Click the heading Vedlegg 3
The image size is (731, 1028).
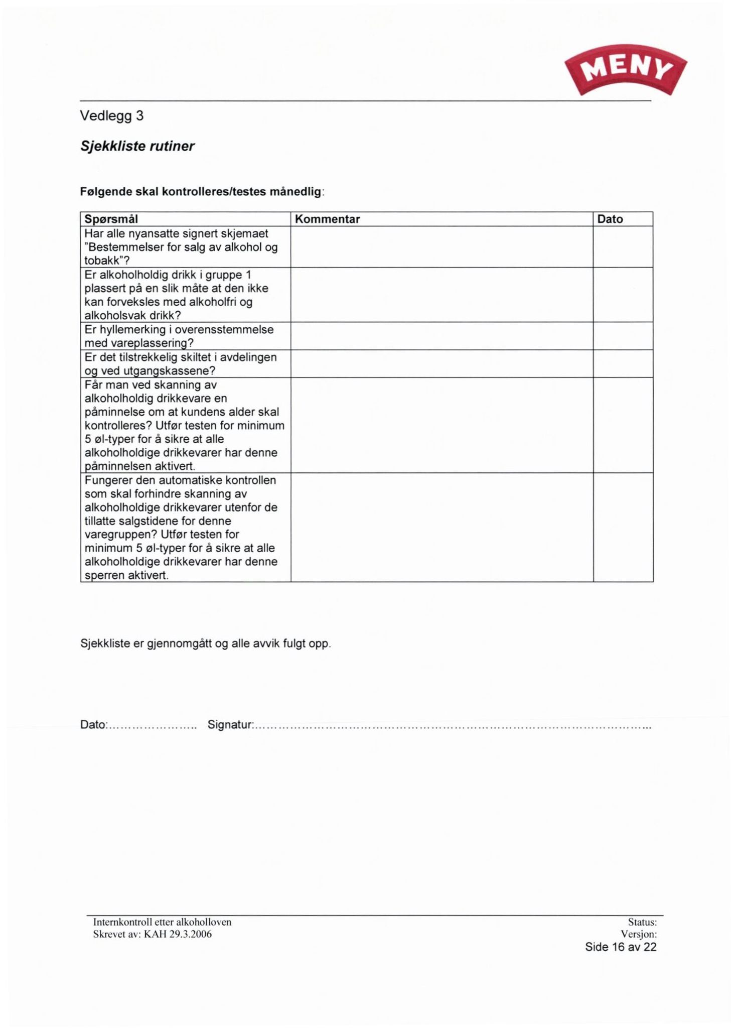tap(112, 116)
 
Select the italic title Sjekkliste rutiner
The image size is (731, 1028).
tap(137, 146)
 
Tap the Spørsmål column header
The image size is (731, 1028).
tap(111, 219)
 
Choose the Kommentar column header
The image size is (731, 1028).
tap(327, 219)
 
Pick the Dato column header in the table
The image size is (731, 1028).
tap(610, 219)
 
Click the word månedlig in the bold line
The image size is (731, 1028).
tap(296, 191)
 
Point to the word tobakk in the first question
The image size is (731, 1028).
tap(101, 261)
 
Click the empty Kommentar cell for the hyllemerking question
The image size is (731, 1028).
tap(442, 336)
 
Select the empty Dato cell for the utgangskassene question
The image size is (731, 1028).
tap(623, 363)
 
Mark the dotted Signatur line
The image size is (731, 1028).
tap(452, 726)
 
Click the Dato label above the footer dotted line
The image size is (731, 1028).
tap(93, 725)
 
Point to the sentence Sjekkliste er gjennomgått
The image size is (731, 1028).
tap(205, 644)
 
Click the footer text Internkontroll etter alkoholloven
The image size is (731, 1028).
tap(162, 922)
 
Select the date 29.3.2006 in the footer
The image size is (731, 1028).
tap(191, 934)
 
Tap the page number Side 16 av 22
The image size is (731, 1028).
tap(620, 947)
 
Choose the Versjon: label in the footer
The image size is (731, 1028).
tap(638, 934)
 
